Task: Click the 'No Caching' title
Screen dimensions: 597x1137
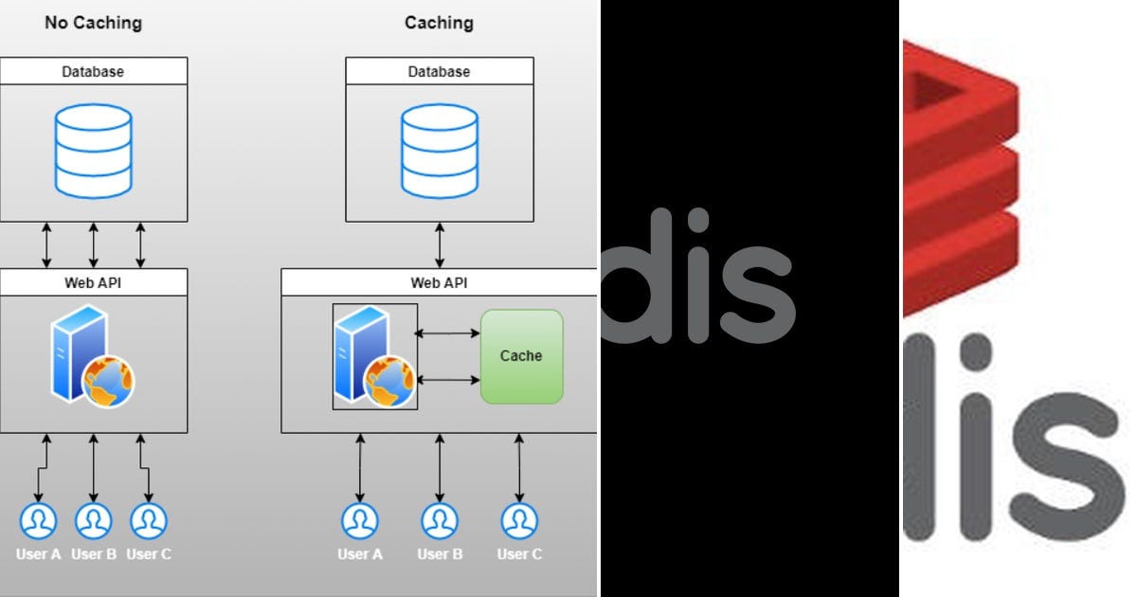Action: point(92,22)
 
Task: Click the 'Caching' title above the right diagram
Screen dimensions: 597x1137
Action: point(439,22)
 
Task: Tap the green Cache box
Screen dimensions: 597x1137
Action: point(521,356)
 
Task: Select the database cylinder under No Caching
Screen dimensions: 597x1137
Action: point(93,153)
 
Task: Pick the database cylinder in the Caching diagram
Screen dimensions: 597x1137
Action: point(439,153)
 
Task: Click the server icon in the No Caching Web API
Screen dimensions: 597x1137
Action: point(92,356)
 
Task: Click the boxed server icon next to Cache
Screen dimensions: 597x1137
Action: point(374,356)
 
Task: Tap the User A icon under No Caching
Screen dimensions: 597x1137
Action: point(38,520)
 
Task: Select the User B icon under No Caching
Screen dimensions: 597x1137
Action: point(93,520)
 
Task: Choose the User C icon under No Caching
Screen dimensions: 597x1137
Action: point(149,520)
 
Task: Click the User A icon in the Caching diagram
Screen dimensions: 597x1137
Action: point(360,520)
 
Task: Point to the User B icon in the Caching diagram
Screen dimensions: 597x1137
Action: point(439,520)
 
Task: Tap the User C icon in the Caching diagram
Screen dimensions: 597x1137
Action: point(519,520)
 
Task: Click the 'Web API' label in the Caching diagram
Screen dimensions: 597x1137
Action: point(439,282)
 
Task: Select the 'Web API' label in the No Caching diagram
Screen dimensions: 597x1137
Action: point(93,282)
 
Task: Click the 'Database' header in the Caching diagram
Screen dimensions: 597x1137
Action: point(439,71)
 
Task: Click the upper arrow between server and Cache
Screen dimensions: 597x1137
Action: point(448,333)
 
